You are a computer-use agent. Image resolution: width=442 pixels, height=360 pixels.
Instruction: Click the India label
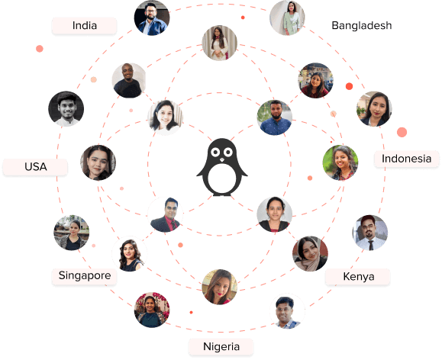[x=84, y=26]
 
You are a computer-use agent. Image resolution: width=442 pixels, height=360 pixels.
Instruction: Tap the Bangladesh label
[x=361, y=26]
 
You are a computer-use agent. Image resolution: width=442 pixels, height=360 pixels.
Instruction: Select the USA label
[x=36, y=166]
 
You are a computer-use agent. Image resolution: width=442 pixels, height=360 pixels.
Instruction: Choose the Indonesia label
[x=406, y=159]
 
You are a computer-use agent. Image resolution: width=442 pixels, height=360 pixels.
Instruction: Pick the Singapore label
[x=85, y=275]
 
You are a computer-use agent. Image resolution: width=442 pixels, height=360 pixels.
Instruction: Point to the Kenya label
[x=358, y=276]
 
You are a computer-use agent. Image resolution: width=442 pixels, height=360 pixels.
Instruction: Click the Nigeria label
[x=221, y=346]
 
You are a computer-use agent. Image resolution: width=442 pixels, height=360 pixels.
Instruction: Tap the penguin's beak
[x=222, y=159]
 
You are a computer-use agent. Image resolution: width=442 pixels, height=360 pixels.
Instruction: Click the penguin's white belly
[x=222, y=178]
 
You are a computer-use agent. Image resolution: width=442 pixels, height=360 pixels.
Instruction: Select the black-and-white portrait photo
[x=66, y=109]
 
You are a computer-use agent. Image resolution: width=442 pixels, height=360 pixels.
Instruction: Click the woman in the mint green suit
[x=287, y=18]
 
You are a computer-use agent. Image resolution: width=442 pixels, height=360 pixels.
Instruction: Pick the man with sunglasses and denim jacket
[x=152, y=18]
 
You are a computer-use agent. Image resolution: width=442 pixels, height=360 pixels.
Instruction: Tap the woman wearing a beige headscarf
[x=310, y=254]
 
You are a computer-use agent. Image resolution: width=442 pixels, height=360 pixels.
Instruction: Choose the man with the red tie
[x=165, y=214]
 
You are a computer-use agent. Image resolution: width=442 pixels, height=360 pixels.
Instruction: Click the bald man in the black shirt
[x=129, y=81]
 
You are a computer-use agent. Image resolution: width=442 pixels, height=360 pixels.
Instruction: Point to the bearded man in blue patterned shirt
[x=275, y=117]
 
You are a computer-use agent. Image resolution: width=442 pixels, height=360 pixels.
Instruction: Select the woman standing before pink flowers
[x=152, y=310]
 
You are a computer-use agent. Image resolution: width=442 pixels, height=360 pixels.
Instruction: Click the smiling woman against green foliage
[x=340, y=162]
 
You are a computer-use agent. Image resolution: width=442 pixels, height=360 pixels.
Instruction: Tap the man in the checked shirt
[x=287, y=311]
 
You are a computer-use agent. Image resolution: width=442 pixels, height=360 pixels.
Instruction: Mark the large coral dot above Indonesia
[x=402, y=132]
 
